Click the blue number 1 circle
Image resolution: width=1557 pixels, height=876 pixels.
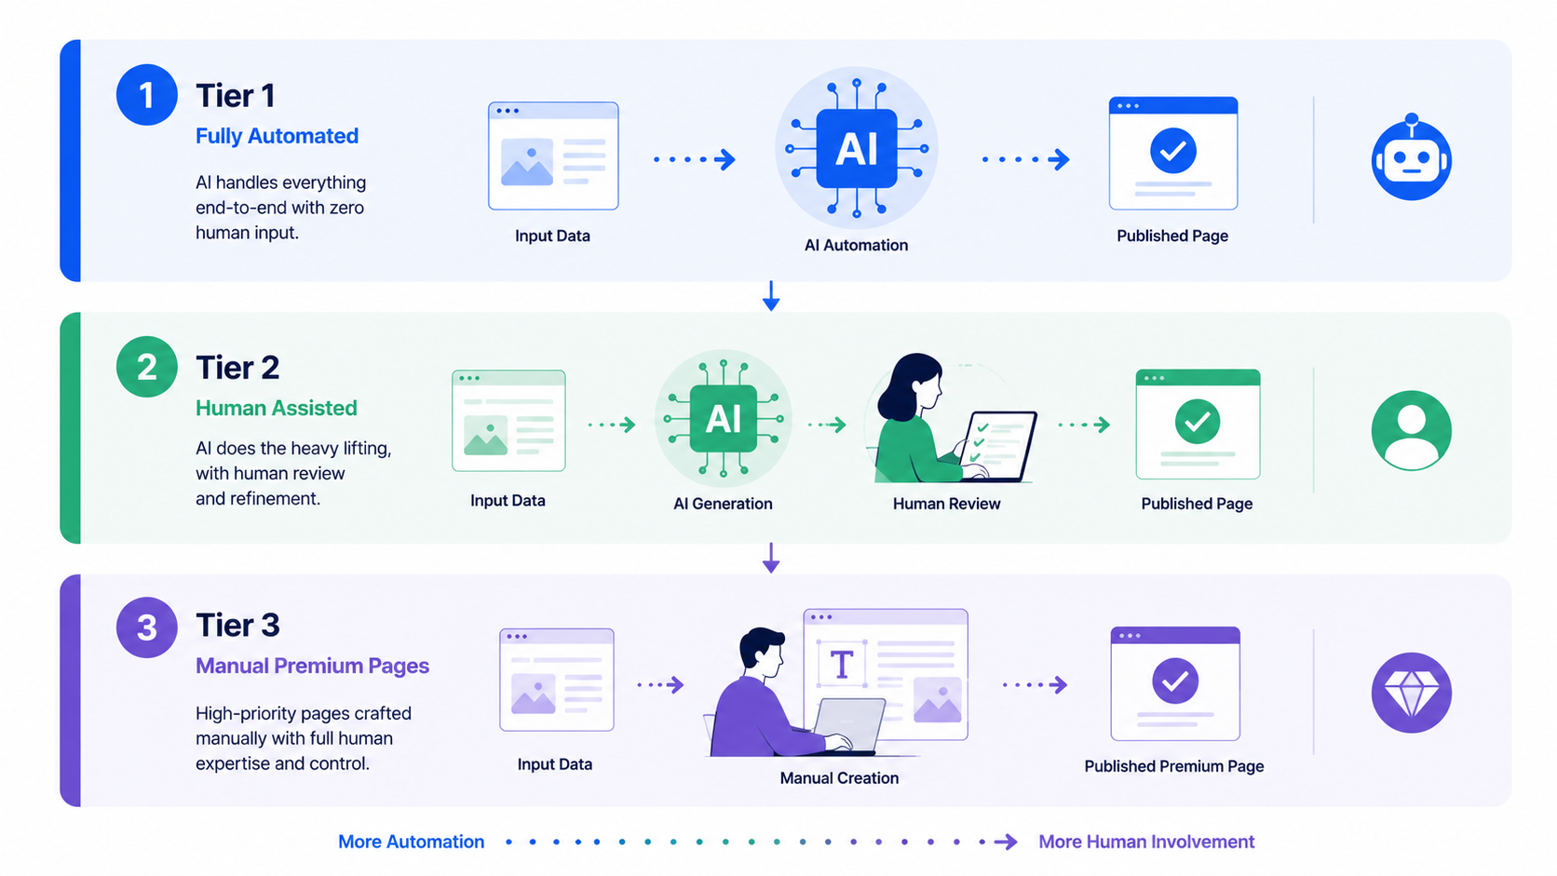pos(146,95)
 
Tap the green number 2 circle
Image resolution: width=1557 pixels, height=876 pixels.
pos(146,367)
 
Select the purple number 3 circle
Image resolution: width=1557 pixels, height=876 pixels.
pos(146,627)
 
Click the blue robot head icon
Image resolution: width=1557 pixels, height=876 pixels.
pos(1411,157)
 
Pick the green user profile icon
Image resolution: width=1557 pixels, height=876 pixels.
pos(1411,431)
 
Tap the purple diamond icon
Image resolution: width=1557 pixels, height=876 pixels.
pos(1411,693)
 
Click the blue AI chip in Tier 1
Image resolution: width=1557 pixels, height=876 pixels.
pos(857,149)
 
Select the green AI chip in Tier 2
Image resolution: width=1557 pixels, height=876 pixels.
pos(723,419)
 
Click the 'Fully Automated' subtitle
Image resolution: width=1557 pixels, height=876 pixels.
pos(277,136)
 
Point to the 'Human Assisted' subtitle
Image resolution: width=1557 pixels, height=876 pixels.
pos(276,408)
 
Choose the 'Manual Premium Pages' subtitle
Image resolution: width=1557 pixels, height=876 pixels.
pos(312,666)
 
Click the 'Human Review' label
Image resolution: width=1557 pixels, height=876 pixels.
pos(946,504)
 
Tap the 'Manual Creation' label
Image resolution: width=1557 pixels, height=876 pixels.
pos(839,778)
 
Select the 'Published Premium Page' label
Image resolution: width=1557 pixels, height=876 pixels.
pos(1174,766)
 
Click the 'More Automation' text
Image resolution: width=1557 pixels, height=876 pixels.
pos(411,842)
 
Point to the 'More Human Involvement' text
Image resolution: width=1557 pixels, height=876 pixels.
pos(1146,842)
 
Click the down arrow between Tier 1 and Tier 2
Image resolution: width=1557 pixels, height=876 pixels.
pos(771,296)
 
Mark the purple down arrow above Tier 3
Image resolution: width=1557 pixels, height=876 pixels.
pos(771,558)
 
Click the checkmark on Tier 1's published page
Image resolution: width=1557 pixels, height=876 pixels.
pos(1172,150)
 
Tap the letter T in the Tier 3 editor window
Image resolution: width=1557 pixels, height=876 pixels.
pos(842,665)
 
